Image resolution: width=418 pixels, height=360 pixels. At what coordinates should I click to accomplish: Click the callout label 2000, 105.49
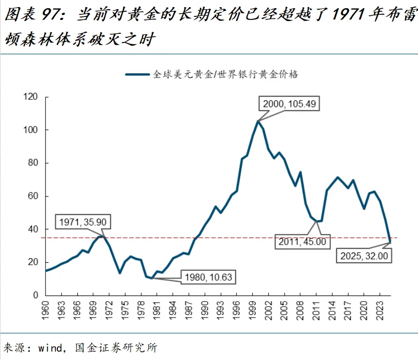290,104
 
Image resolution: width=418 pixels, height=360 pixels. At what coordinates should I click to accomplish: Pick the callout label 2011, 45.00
302,241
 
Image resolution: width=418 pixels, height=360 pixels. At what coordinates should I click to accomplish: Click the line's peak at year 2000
258,121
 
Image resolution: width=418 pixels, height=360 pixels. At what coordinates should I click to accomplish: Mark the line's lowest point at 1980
151,278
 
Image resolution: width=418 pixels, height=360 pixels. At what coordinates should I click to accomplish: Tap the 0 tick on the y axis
36,295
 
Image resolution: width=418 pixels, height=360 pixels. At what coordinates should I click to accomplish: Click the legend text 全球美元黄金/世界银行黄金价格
225,74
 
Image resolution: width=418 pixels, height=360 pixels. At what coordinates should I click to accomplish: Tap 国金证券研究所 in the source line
116,348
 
